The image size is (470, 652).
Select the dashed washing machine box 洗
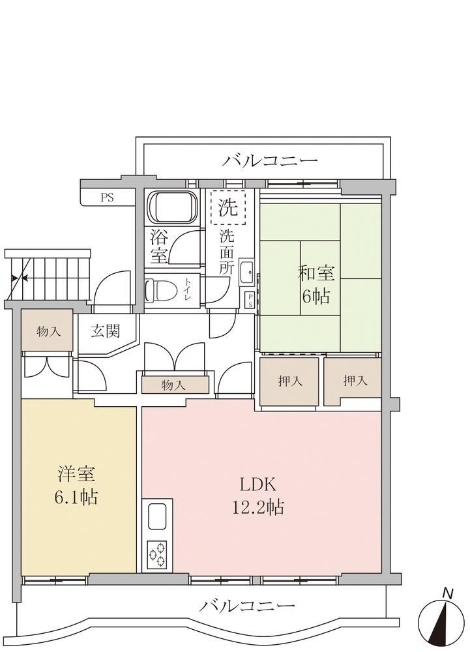coord(228,207)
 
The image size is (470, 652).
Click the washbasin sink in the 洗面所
coord(247,273)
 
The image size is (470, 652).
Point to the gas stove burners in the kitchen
coord(157,554)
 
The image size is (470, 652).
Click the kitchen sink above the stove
coord(157,516)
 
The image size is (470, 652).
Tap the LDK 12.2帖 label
coord(257,496)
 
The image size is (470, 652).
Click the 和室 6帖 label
coord(316,285)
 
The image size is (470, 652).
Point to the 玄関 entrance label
coord(106,331)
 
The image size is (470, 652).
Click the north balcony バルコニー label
coord(270,160)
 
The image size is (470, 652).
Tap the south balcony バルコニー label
coord(247,606)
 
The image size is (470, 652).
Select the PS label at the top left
coord(107,198)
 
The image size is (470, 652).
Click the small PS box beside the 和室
coord(250,300)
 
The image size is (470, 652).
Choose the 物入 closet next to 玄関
coord(48,331)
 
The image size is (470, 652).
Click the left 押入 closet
coord(289,381)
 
